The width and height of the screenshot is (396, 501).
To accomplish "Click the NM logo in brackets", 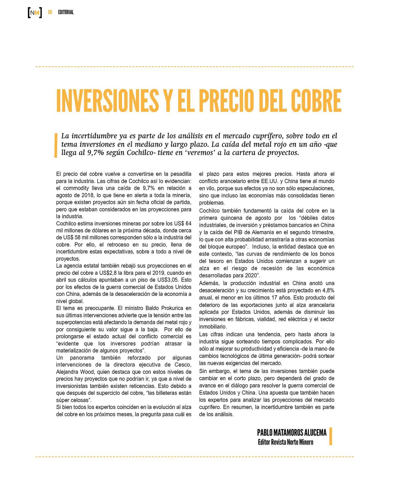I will [x=35, y=13].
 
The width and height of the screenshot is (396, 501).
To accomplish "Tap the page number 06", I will [x=50, y=12].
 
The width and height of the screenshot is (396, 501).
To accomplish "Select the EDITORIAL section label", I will [x=66, y=12].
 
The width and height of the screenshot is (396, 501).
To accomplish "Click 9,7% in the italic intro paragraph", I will [x=96, y=153].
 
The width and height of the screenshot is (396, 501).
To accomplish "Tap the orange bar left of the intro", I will [x=56, y=145].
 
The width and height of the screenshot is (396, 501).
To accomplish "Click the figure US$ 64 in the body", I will [x=183, y=223].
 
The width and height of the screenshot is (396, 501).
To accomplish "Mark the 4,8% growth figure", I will [x=328, y=290].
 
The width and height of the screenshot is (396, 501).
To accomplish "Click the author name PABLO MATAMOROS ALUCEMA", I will [x=292, y=433].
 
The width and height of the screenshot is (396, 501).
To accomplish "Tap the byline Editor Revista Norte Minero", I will [x=285, y=442].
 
